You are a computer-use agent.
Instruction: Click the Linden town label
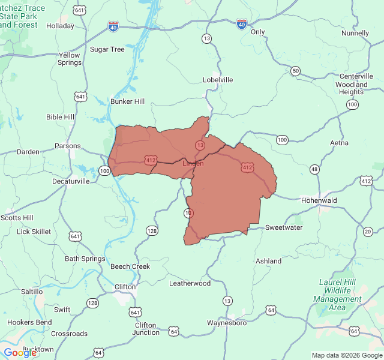click(193, 163)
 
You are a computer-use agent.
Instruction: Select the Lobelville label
click(218, 80)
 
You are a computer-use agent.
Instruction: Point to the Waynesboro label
click(227, 323)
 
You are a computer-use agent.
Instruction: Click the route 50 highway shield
click(295, 71)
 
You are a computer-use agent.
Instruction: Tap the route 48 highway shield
click(314, 170)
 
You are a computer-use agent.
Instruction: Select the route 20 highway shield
click(368, 232)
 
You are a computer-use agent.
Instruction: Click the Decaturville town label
click(71, 181)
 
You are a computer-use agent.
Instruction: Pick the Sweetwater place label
click(284, 228)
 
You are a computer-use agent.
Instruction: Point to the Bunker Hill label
click(127, 102)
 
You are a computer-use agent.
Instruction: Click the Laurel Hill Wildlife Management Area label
click(338, 295)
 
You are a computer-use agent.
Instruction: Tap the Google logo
click(20, 353)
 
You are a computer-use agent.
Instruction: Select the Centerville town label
click(356, 76)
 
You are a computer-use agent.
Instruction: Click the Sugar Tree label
click(107, 49)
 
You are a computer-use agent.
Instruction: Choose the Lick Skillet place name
click(34, 232)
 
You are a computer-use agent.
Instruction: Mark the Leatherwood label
click(190, 283)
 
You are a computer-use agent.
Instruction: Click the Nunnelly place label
click(355, 34)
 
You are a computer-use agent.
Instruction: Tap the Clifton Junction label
click(146, 328)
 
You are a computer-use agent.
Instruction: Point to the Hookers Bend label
click(29, 322)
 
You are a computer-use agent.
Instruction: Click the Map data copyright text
click(346, 355)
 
